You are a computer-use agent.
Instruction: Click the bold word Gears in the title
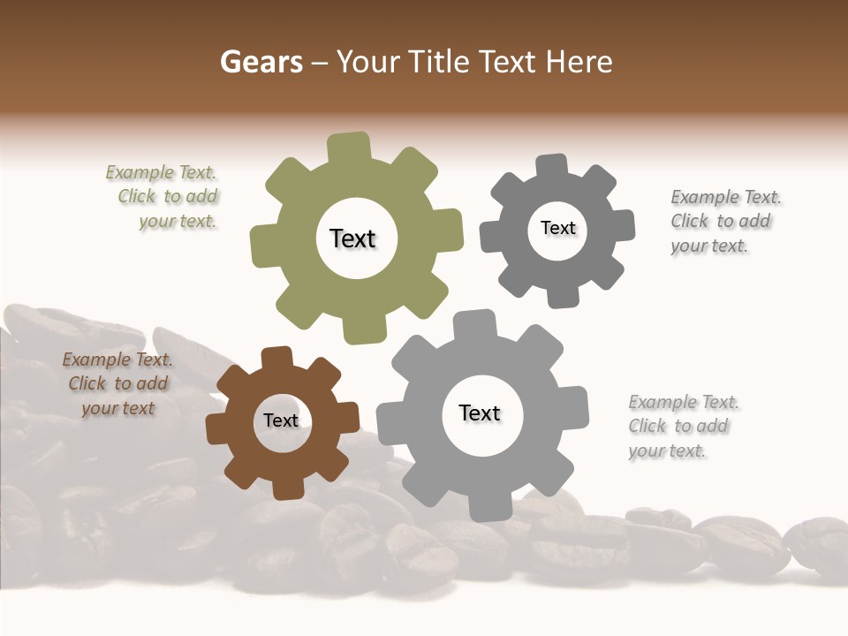click(x=261, y=62)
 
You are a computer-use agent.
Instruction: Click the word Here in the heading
click(x=579, y=62)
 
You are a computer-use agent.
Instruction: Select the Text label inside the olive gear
click(x=352, y=238)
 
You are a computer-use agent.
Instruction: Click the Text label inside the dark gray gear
click(x=557, y=228)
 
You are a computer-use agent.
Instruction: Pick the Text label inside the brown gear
click(x=281, y=420)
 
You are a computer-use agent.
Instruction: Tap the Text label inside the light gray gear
click(x=480, y=413)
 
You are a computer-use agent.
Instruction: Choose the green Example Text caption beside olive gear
click(x=163, y=197)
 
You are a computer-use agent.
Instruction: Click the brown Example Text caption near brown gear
click(x=117, y=384)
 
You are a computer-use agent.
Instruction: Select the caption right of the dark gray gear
click(x=724, y=222)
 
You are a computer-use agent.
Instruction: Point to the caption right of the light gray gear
click(x=683, y=427)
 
